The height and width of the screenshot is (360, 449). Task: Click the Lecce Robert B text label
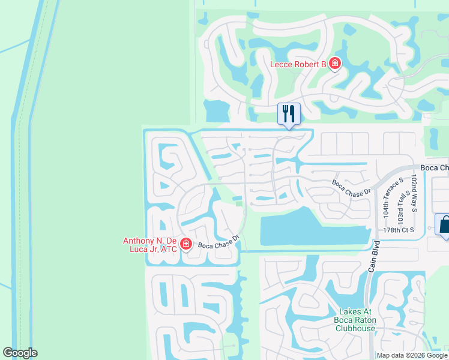[298, 64]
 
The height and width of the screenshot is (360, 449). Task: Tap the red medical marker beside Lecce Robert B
[334, 64]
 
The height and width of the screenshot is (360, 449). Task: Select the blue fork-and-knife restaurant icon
[289, 113]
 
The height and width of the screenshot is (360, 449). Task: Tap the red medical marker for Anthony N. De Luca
[186, 244]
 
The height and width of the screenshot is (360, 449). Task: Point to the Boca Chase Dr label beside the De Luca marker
[219, 242]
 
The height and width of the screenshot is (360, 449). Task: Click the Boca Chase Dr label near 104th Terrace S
[352, 187]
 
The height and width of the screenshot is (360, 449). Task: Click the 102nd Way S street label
[414, 194]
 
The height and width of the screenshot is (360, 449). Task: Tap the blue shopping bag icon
[444, 225]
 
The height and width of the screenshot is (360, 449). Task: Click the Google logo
[20, 353]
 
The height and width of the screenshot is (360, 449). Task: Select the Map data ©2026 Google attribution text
[412, 355]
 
